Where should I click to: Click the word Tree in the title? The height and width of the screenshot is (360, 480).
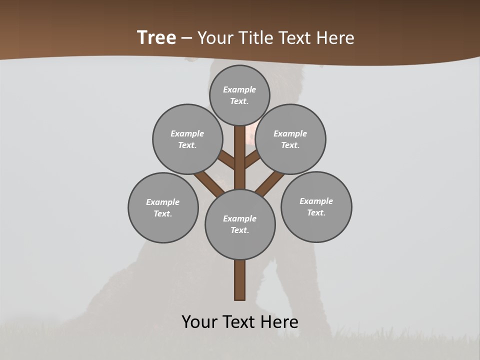coord(156,38)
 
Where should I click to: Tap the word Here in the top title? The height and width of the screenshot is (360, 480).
coord(335,38)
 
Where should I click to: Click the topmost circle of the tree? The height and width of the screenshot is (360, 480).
coord(239,95)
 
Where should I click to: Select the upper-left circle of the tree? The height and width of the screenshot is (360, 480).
coord(187,139)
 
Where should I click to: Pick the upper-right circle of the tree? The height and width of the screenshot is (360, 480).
coord(290,139)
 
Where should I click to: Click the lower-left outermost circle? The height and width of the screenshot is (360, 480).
coord(163,207)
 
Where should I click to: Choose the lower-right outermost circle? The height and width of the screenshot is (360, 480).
coord(316,206)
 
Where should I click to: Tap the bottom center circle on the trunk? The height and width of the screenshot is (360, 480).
coord(240,224)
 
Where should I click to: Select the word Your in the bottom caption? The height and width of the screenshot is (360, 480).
coord(200,321)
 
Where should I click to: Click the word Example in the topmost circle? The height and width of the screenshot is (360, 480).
coord(239,89)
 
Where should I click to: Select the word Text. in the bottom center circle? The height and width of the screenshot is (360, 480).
coord(239,230)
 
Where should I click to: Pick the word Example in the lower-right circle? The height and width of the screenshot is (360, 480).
coord(316,201)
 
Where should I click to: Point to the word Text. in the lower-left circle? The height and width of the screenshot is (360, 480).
coord(163,213)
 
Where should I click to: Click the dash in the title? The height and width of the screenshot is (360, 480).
coord(186,38)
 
